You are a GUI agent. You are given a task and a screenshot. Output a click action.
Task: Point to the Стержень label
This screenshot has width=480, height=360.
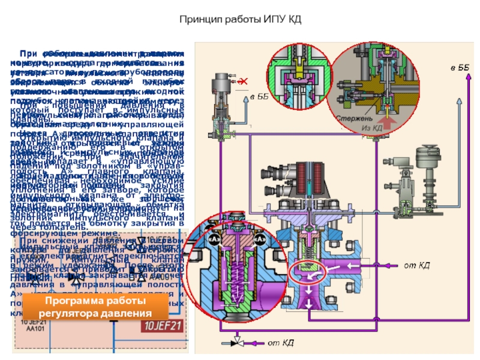click(353, 119)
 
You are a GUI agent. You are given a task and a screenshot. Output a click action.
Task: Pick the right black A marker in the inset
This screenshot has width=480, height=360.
click(260, 239)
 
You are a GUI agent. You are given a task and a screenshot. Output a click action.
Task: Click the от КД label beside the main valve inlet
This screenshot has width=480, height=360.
click(415, 265)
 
